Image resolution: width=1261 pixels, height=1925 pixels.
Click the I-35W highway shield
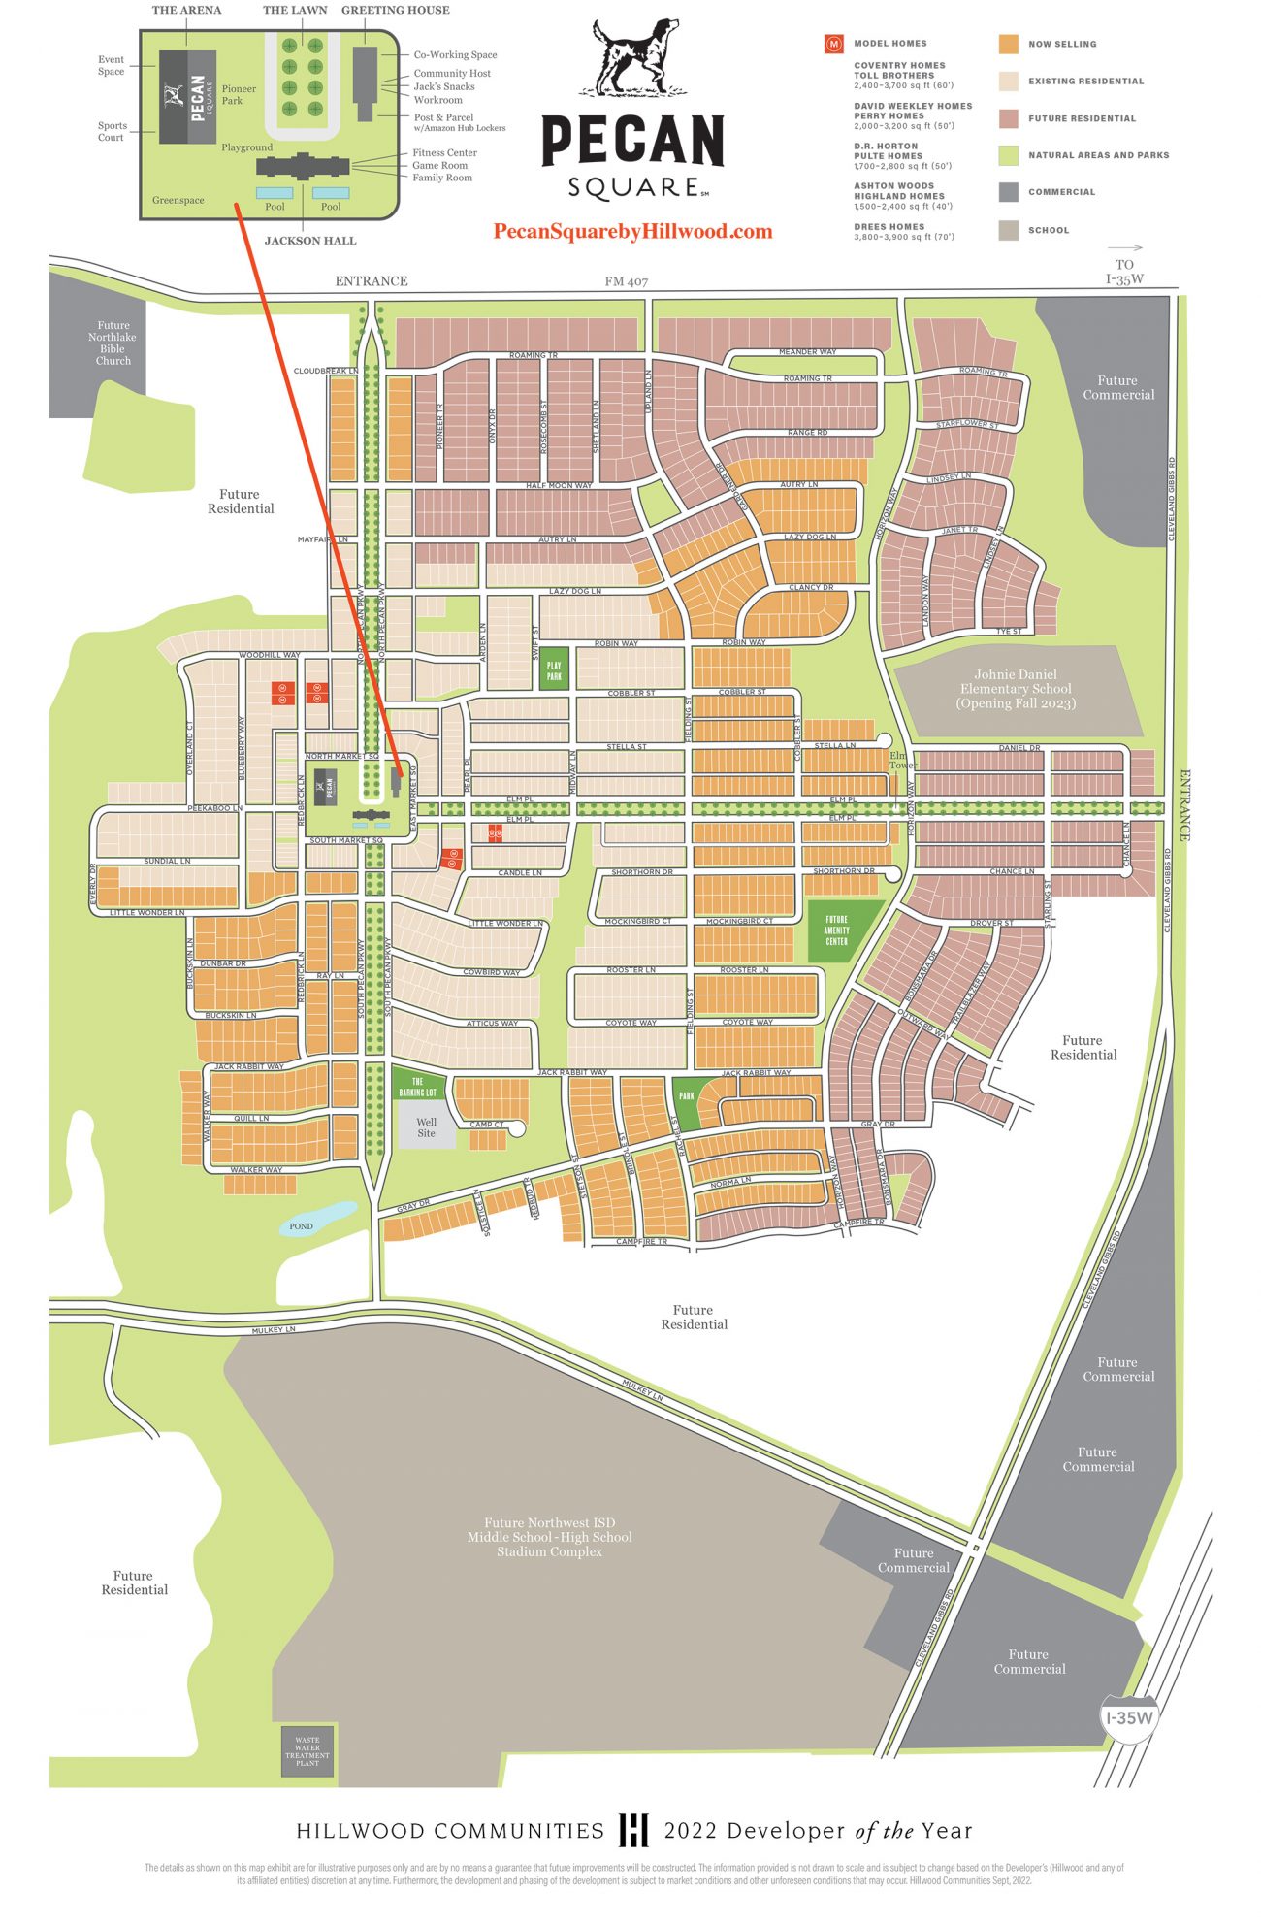pyautogui.click(x=1129, y=1717)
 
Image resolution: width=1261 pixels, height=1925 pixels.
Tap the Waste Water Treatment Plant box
pyautogui.click(x=307, y=1751)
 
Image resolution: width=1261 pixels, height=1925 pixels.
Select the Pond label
pyautogui.click(x=301, y=1226)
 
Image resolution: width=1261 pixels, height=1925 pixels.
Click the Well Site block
pyautogui.click(x=426, y=1127)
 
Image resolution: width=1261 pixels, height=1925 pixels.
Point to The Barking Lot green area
pyautogui.click(x=418, y=1086)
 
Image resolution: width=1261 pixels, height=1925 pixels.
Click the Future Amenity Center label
pyautogui.click(x=836, y=930)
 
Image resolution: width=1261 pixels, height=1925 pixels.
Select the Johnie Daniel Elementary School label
pyautogui.click(x=1016, y=689)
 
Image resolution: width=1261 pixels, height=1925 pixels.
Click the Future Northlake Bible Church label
pyautogui.click(x=113, y=343)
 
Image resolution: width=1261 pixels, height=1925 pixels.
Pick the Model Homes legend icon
pyautogui.click(x=833, y=44)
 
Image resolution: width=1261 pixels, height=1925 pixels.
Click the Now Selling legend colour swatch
pyautogui.click(x=1009, y=44)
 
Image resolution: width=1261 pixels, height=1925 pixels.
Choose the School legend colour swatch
pyautogui.click(x=1009, y=230)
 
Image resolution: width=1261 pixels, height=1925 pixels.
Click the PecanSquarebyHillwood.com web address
pyautogui.click(x=632, y=232)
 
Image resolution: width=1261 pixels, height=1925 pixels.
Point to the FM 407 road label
pyautogui.click(x=626, y=281)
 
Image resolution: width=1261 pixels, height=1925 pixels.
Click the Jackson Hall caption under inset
pyautogui.click(x=310, y=241)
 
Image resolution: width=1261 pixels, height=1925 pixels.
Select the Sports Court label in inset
pyautogui.click(x=112, y=131)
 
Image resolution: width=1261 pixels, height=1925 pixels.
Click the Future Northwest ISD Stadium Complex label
pyautogui.click(x=549, y=1537)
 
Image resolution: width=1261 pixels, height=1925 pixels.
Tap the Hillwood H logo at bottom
pyautogui.click(x=633, y=1830)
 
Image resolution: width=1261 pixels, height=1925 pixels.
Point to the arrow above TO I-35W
pyautogui.click(x=1125, y=248)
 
